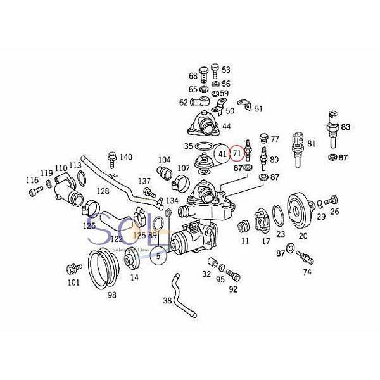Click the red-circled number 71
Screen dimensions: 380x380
pos(236,153)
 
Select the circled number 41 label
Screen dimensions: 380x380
pos(222,153)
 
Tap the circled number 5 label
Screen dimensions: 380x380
pos(159,256)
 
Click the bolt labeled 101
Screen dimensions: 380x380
pos(70,269)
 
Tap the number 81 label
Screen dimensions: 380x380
pos(311,143)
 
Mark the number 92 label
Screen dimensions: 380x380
pos(233,289)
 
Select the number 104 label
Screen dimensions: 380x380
pos(164,160)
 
